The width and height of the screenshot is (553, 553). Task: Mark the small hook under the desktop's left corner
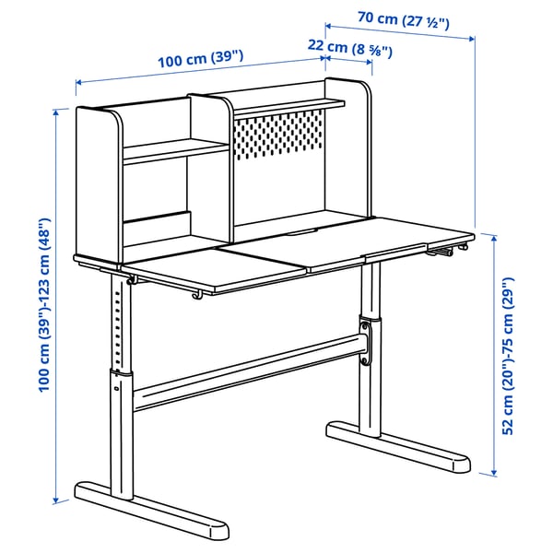[x=133, y=277]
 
